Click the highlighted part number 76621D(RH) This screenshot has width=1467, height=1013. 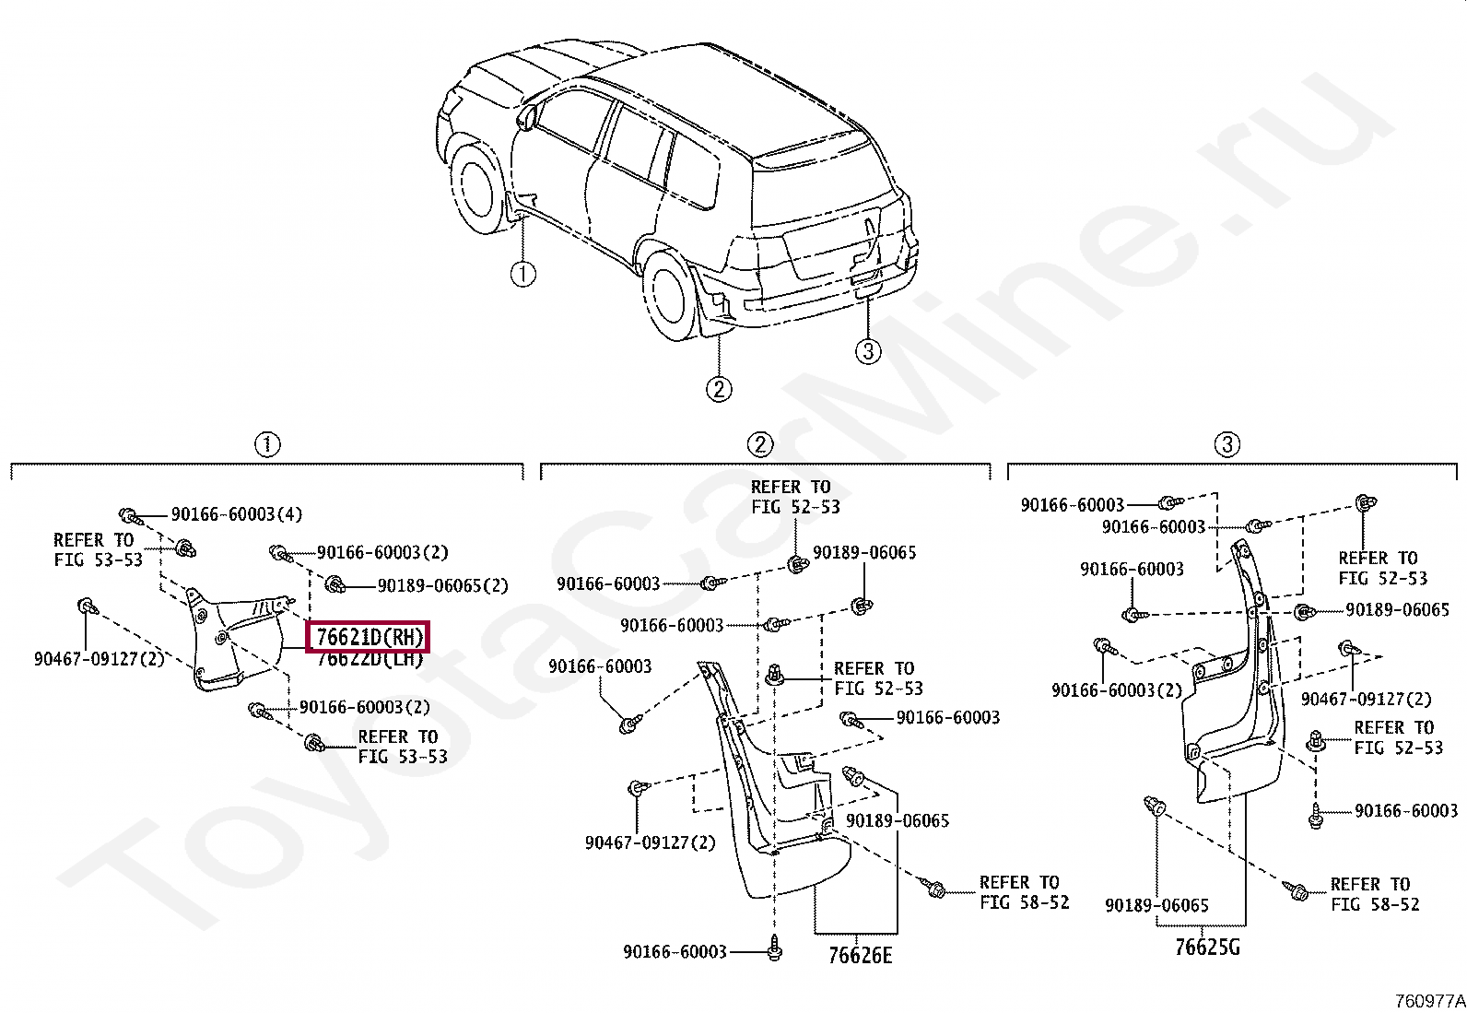[x=369, y=637]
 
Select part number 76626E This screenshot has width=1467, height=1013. [x=860, y=956]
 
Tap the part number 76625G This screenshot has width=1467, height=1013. [x=1207, y=947]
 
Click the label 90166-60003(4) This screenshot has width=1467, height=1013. [x=236, y=514]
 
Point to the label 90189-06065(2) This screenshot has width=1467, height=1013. [x=442, y=585]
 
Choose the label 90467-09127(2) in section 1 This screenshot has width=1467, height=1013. [x=99, y=659]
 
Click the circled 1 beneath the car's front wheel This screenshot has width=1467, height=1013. [x=522, y=274]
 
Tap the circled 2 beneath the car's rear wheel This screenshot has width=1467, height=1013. [x=719, y=389]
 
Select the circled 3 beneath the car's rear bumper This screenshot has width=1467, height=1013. [x=867, y=351]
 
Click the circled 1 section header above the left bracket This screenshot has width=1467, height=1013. [x=266, y=445]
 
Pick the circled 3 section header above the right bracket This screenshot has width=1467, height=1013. [x=1226, y=445]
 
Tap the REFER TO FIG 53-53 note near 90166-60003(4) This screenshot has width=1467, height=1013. [x=98, y=550]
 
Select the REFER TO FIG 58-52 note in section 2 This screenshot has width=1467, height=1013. [x=1024, y=892]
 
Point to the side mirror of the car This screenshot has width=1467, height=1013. [x=527, y=117]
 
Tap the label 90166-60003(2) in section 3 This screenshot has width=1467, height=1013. [x=1116, y=690]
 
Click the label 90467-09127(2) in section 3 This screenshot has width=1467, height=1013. [x=1366, y=700]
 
